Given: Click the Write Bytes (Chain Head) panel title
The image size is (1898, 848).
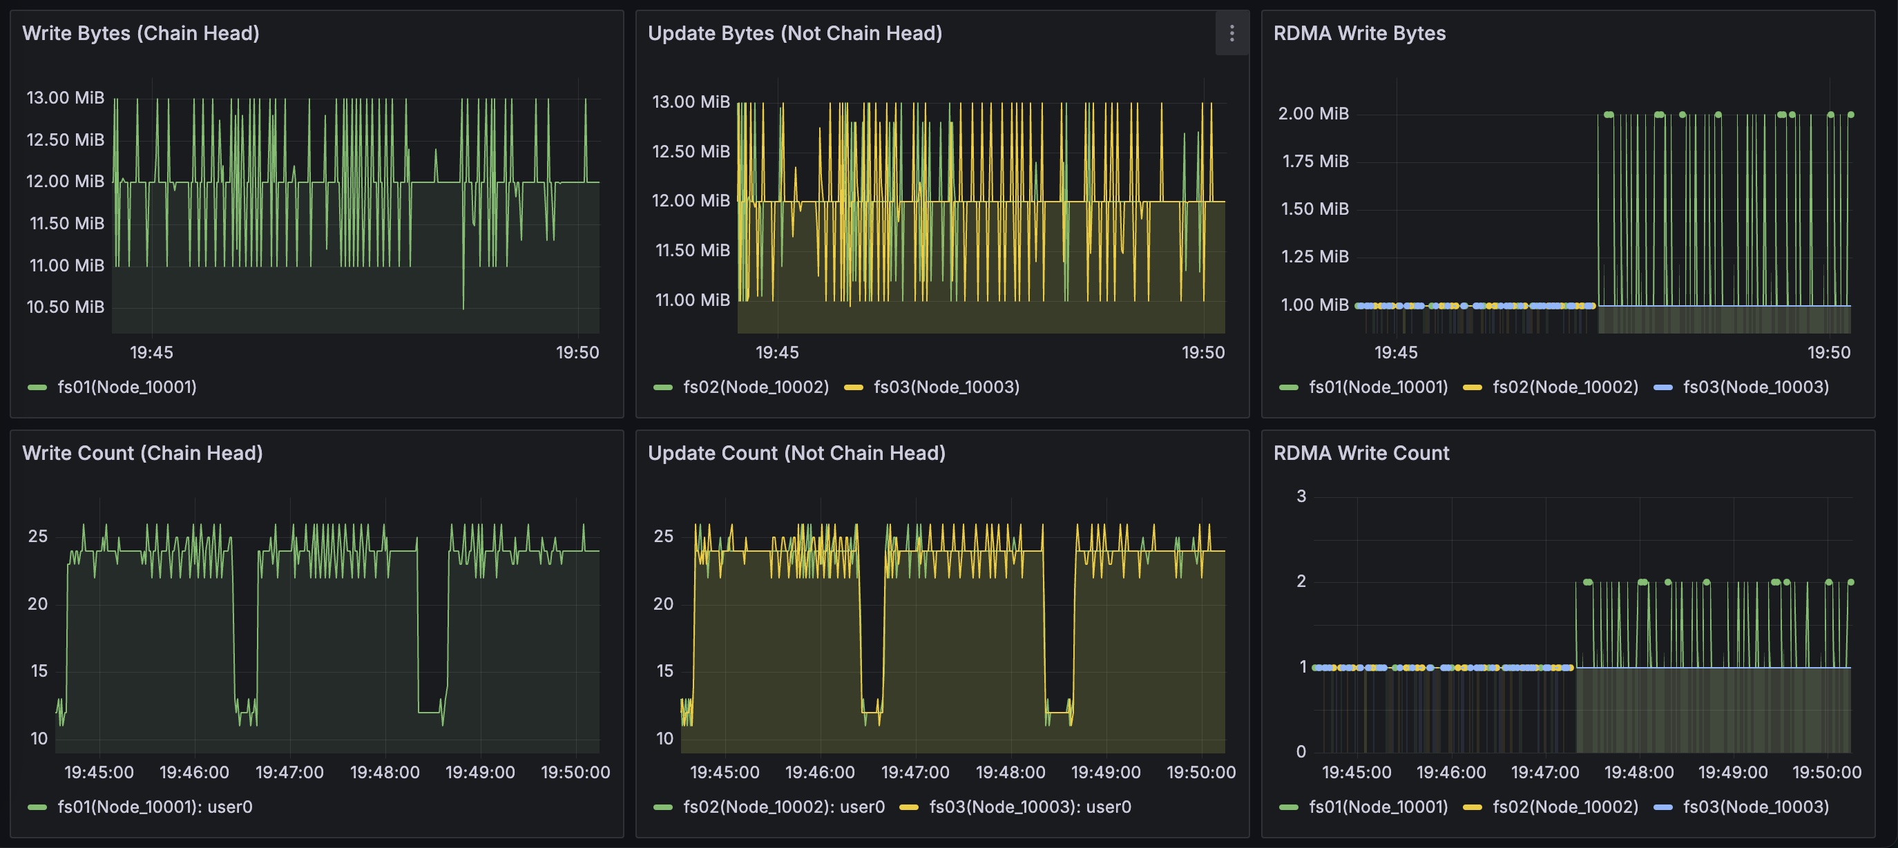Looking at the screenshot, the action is pos(141,33).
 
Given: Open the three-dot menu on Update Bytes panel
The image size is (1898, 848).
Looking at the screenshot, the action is pos(1231,33).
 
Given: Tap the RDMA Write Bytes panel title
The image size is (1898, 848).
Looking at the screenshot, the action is pos(1359,33).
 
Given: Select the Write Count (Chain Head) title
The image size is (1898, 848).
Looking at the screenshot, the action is pos(142,453).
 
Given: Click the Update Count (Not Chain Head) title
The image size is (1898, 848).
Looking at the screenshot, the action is pos(796,453).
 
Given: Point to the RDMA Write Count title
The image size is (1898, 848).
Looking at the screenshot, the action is pos(1361,453).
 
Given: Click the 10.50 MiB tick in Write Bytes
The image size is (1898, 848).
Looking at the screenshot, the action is pos(66,307).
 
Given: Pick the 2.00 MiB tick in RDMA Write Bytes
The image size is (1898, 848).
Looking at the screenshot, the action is pos(1314,113).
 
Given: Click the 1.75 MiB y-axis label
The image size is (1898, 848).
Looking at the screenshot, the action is pos(1315,162).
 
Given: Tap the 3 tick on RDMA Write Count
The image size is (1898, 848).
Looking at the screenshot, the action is pos(1301,497).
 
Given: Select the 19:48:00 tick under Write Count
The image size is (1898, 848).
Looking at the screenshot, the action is pos(385,772).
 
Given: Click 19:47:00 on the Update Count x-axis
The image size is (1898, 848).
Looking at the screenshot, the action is pos(915,772).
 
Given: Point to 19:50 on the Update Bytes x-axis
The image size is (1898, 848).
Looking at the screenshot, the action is pos(1203,352).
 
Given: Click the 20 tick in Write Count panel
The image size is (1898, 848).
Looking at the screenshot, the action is pos(37,604).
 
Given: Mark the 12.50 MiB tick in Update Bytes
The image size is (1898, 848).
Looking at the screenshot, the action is pos(691,152).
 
